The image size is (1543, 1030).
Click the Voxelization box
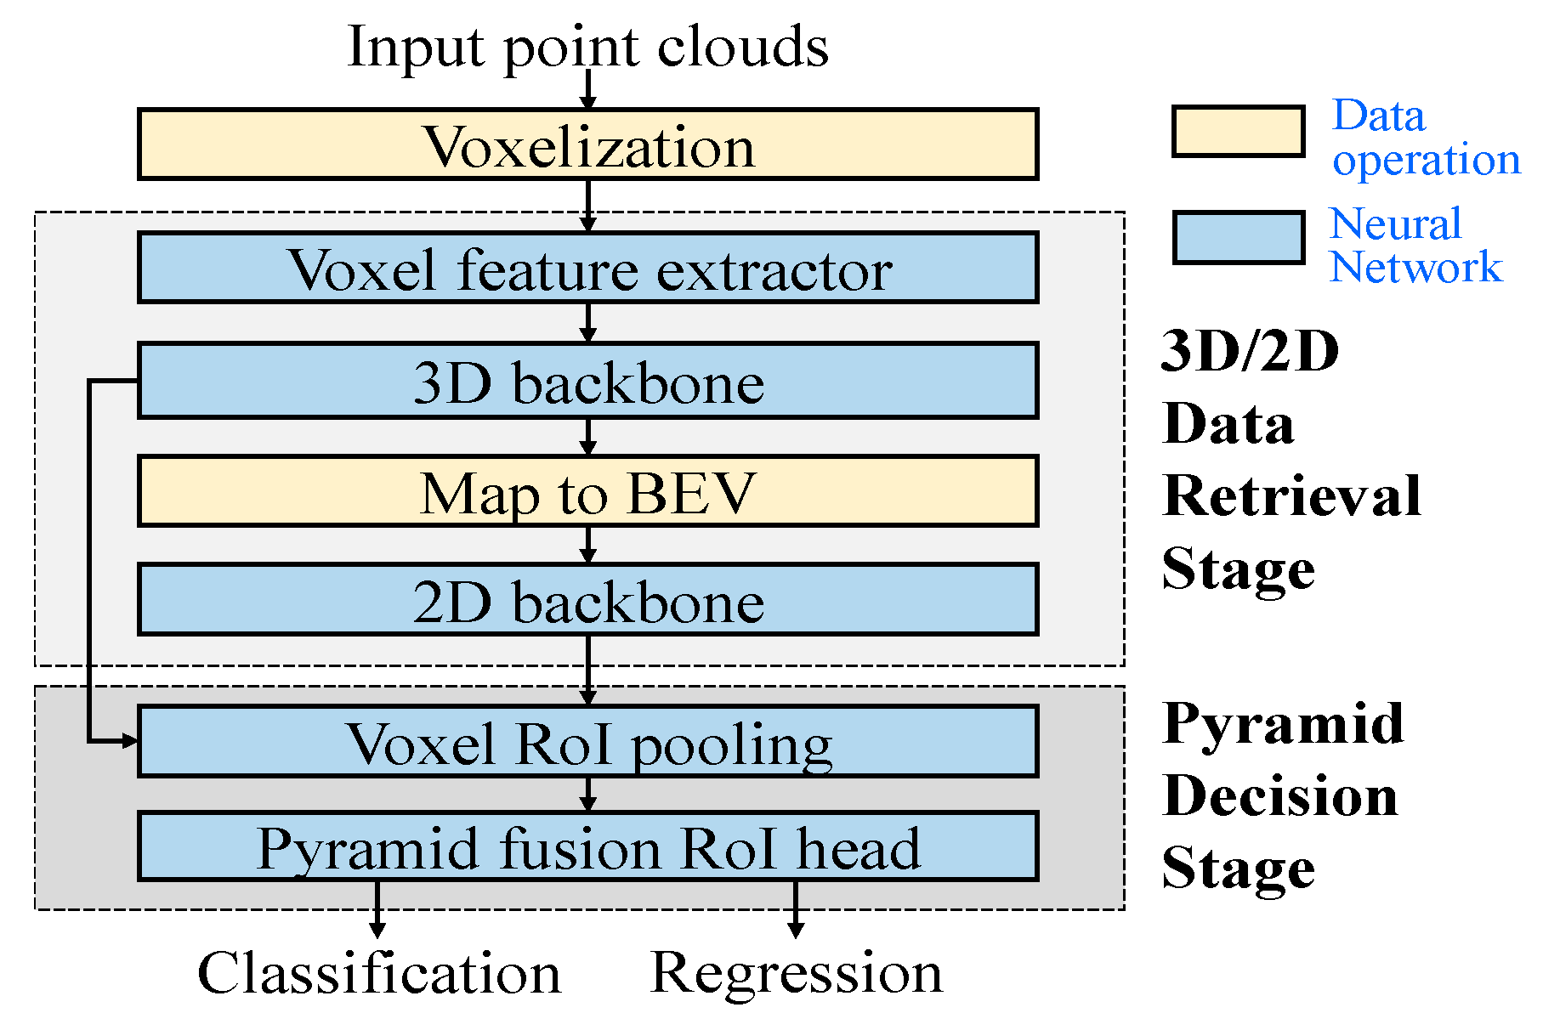pos(587,144)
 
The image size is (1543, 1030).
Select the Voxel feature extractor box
pos(587,268)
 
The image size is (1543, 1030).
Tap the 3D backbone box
pos(587,381)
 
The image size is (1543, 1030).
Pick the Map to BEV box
pos(587,491)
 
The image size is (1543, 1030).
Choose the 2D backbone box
pos(587,599)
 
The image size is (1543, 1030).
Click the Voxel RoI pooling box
pos(587,741)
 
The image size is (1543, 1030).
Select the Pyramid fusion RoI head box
pos(587,846)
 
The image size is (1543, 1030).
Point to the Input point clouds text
pos(587,46)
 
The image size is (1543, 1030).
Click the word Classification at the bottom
pos(379,972)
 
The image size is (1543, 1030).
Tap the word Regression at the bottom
pos(796,972)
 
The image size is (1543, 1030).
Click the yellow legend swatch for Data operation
pos(1238,132)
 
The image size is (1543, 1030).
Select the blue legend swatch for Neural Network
pos(1238,238)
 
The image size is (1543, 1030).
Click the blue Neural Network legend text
pos(1415,245)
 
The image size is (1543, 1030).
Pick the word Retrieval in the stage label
pos(1291,495)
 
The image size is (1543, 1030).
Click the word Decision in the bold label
pos(1279,796)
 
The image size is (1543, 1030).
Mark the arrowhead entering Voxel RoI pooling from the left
pos(129,741)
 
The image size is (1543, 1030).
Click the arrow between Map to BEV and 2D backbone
pos(587,545)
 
